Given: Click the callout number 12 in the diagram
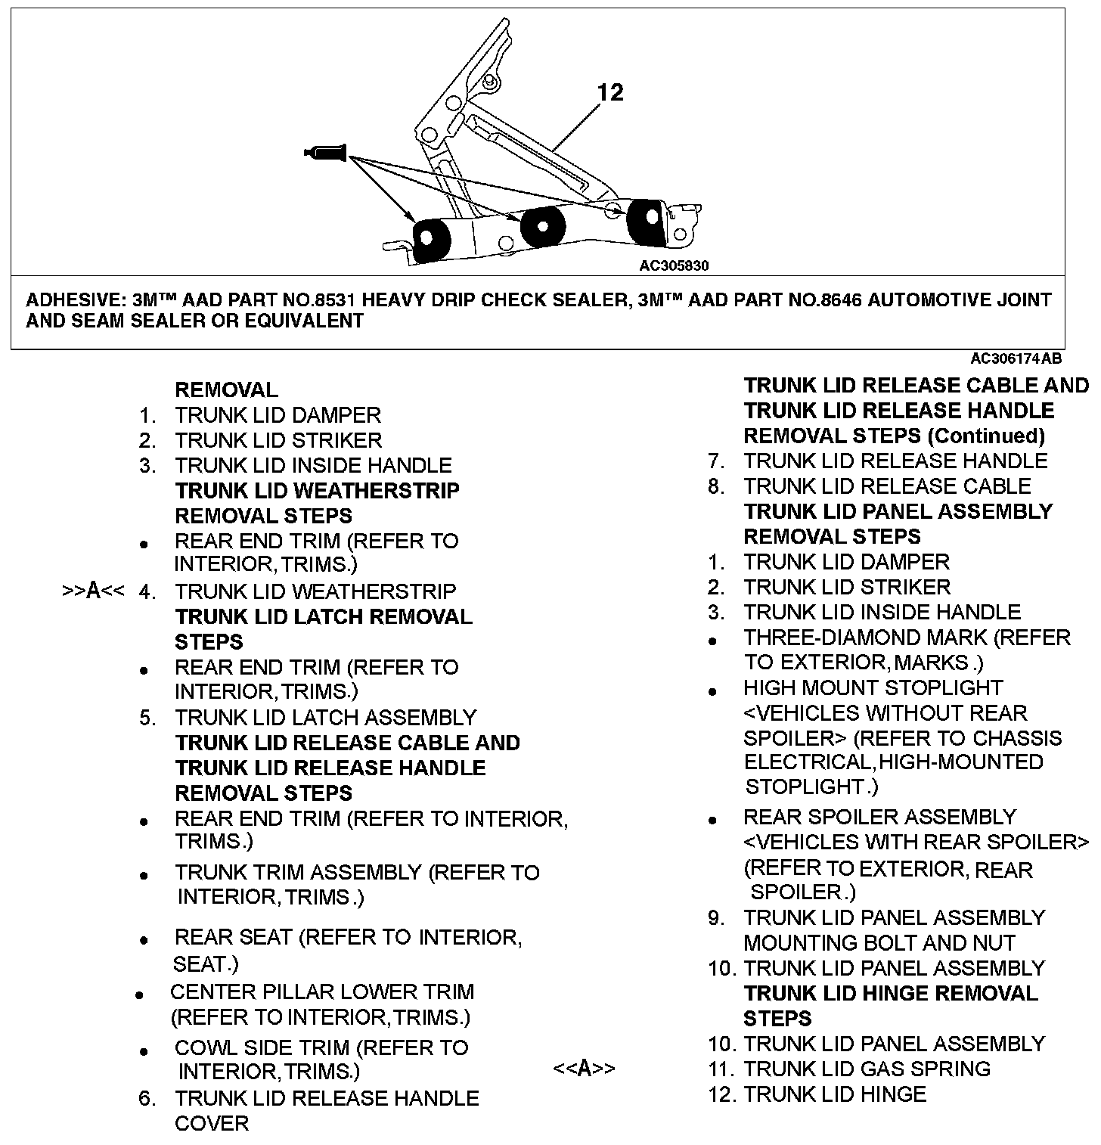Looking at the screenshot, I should pos(610,92).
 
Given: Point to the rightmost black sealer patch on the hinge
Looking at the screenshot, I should pos(647,220).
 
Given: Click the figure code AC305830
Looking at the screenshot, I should pos(674,265).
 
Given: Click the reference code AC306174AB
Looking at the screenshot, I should pos(1016,358).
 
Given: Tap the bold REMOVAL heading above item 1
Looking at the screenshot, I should pos(227,390).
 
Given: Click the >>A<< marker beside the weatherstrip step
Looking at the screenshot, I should pos(93,591).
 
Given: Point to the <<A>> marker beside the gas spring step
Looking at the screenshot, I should pos(584,1069).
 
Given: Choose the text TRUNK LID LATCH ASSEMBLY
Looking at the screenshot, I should pos(326,717).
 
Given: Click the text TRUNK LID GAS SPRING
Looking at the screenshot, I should pos(867,1069).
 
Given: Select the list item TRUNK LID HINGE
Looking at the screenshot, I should pos(835,1094).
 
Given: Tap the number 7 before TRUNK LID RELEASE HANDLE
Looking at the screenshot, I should pos(716,461).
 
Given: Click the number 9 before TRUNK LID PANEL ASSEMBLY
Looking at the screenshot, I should pos(716,918).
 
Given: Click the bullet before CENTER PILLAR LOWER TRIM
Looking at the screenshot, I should pos(139,996).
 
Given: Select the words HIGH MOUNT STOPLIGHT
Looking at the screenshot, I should pos(873,688).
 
